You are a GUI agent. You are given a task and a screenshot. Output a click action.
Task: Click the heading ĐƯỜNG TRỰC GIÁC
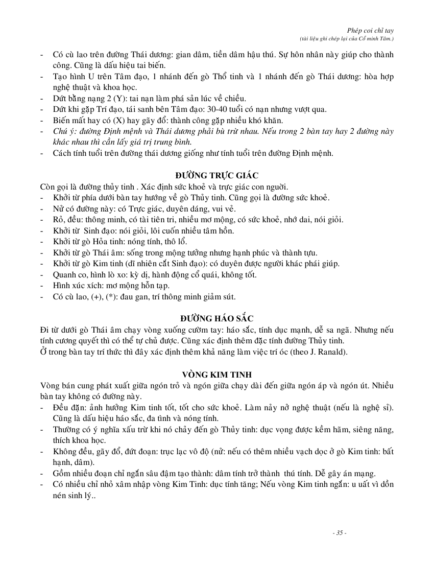[x=216, y=175]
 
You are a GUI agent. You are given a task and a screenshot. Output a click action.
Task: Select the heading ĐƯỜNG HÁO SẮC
[x=216, y=318]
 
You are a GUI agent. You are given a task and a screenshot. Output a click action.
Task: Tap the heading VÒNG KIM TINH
[x=216, y=374]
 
